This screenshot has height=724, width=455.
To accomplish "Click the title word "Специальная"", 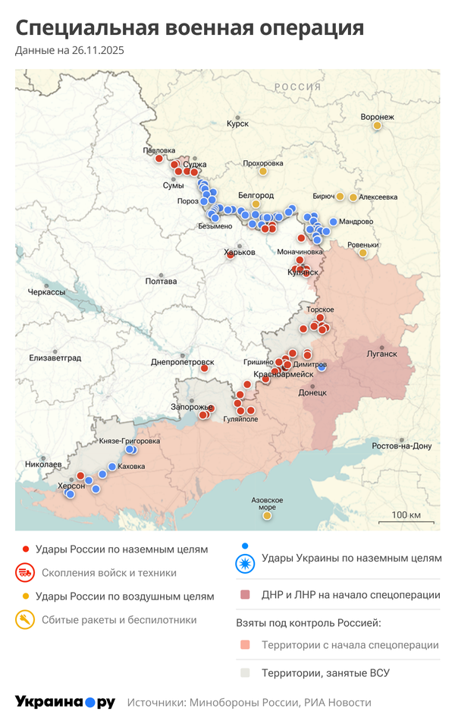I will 84,28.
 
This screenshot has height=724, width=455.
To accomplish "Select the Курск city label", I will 237,123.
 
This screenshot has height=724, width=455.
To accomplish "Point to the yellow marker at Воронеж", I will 377,126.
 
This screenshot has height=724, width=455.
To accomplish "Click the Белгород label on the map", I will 256,195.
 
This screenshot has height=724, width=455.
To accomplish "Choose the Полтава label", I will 161,282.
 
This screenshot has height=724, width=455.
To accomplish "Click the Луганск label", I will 381,354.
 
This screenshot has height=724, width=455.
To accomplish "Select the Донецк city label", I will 312,392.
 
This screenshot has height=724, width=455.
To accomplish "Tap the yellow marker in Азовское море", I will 267,516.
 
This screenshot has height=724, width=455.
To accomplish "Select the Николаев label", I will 43,463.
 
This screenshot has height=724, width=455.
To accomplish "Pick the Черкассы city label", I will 46,292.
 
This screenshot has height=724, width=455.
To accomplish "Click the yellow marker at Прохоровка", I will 263,172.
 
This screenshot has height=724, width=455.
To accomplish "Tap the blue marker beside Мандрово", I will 333,222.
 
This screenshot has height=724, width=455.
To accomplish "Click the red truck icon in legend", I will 25,573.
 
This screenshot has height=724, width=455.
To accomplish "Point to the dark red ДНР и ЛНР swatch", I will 244,595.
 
